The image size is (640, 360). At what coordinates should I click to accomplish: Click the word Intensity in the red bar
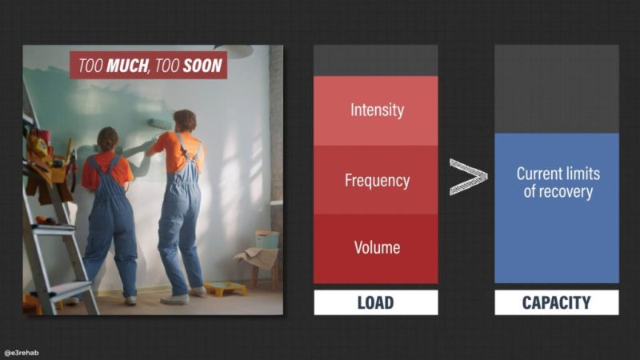coord(377,110)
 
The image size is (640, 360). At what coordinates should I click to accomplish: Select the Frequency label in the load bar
coord(377,181)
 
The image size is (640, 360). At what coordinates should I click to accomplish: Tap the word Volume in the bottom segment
coord(377,247)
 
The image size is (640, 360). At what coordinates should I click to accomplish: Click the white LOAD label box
coord(376,302)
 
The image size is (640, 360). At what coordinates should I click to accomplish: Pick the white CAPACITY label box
coord(557,302)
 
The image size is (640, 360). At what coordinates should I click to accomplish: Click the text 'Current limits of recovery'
coord(558,182)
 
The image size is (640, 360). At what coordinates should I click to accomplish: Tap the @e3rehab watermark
coord(22,353)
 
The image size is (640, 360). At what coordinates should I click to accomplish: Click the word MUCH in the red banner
coord(128,66)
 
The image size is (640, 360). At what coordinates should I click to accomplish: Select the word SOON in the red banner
coord(202,66)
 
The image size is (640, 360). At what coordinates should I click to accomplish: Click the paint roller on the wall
coord(159,124)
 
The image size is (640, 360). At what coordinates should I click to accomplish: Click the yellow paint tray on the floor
coord(226,289)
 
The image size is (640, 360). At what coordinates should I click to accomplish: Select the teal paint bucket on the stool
coord(267,239)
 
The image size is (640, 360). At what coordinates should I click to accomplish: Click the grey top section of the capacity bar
coord(557,89)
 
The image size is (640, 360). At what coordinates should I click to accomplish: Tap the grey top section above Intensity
coord(376,61)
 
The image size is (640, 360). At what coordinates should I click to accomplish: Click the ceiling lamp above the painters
coord(234,50)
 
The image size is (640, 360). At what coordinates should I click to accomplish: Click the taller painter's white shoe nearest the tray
coord(198,291)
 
